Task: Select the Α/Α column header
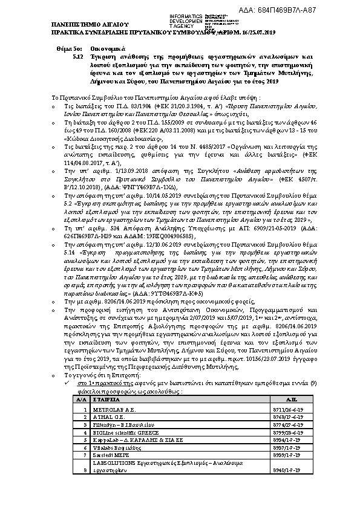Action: [x=79, y=400]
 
